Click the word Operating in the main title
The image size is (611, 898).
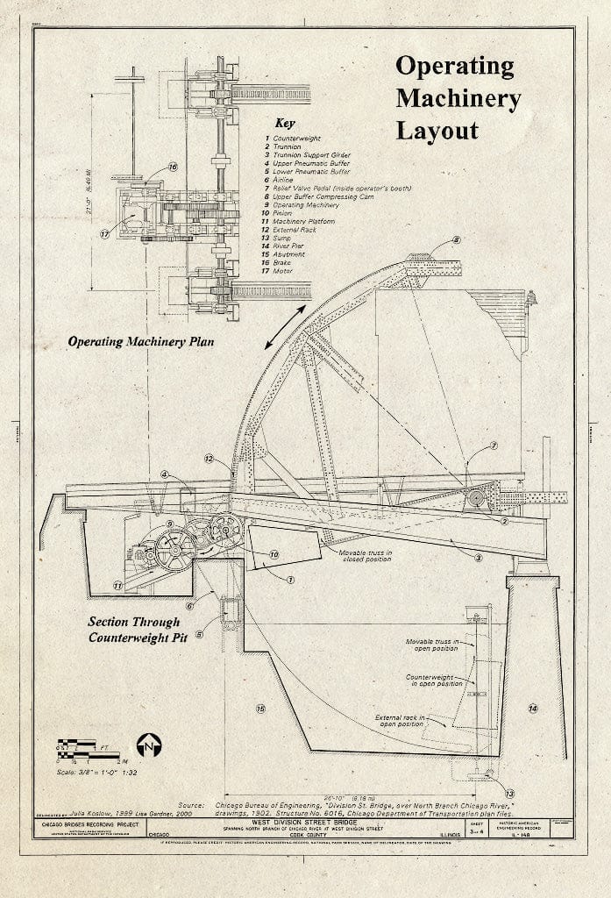pyautogui.click(x=454, y=67)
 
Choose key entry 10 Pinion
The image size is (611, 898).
pyautogui.click(x=282, y=213)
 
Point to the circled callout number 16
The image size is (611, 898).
pyautogui.click(x=172, y=167)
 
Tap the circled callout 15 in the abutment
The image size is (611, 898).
pyautogui.click(x=260, y=709)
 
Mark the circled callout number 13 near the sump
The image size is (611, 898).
pyautogui.click(x=499, y=794)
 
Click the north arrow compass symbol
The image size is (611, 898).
pyautogui.click(x=148, y=745)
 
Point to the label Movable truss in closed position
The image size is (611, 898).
pyautogui.click(x=364, y=556)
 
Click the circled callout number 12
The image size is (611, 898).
pyautogui.click(x=210, y=459)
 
